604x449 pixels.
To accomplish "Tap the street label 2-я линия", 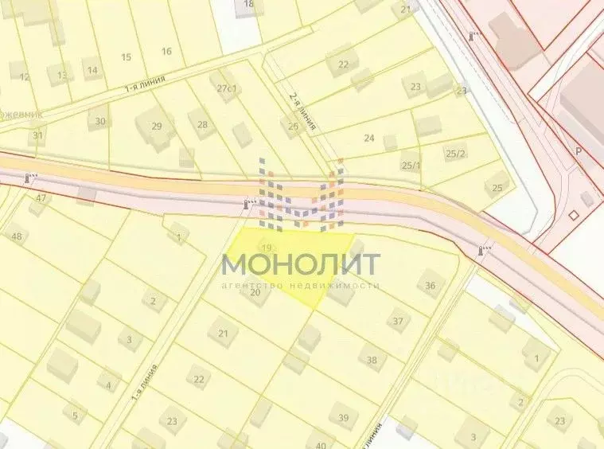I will click(303, 111).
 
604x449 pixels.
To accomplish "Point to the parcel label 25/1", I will click(411, 165).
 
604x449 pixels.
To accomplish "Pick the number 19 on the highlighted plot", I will click(267, 248).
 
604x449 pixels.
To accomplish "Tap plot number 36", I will click(431, 286).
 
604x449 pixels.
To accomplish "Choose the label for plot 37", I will click(398, 321).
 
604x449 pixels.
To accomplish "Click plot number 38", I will click(372, 359).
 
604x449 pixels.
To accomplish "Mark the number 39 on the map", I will click(344, 417).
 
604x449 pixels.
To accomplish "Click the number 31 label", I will click(37, 136).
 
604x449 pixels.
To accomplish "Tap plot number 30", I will click(100, 121).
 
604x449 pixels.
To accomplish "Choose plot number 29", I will click(157, 126).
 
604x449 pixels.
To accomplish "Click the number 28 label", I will click(202, 124).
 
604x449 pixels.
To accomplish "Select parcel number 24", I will click(369, 138).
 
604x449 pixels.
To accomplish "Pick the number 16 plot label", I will click(166, 52).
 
